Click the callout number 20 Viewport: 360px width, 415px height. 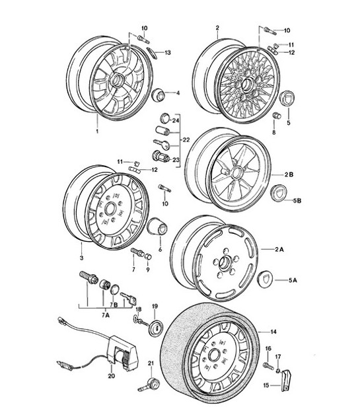111,375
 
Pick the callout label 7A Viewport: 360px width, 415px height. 105,315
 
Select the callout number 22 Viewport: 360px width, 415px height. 186,139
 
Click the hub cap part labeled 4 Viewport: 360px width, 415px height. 159,94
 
